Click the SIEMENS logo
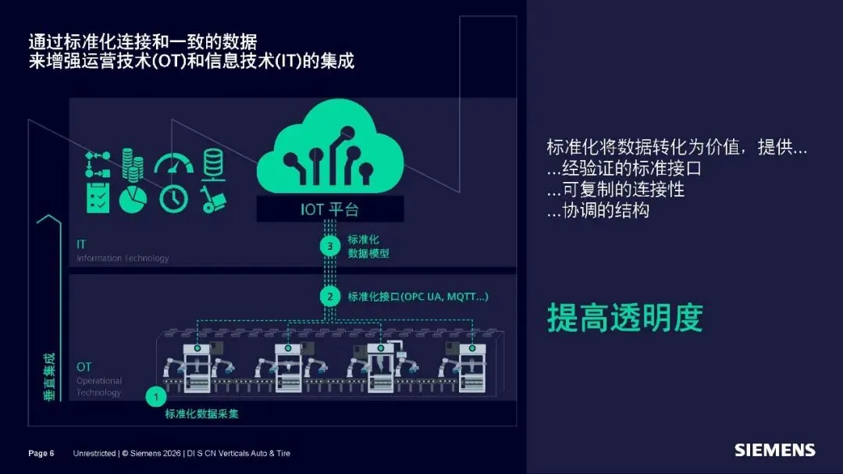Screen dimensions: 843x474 [x=774, y=451]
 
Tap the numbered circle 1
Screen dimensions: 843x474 [x=155, y=397]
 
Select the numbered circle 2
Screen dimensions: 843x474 [x=330, y=297]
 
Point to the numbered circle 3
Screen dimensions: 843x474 [x=330, y=247]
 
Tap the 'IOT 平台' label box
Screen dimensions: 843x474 [x=330, y=209]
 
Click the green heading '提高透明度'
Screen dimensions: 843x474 [x=624, y=318]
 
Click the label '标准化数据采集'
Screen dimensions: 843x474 [x=201, y=414]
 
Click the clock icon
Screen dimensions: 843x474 [x=173, y=198]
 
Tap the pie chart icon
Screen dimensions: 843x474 [x=133, y=199]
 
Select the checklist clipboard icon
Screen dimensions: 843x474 [x=98, y=198]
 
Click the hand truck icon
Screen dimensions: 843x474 [x=211, y=198]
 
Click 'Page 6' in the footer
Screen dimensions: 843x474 [x=41, y=453]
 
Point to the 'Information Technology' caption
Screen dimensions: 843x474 [x=123, y=258]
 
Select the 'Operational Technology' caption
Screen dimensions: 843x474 [x=99, y=387]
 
